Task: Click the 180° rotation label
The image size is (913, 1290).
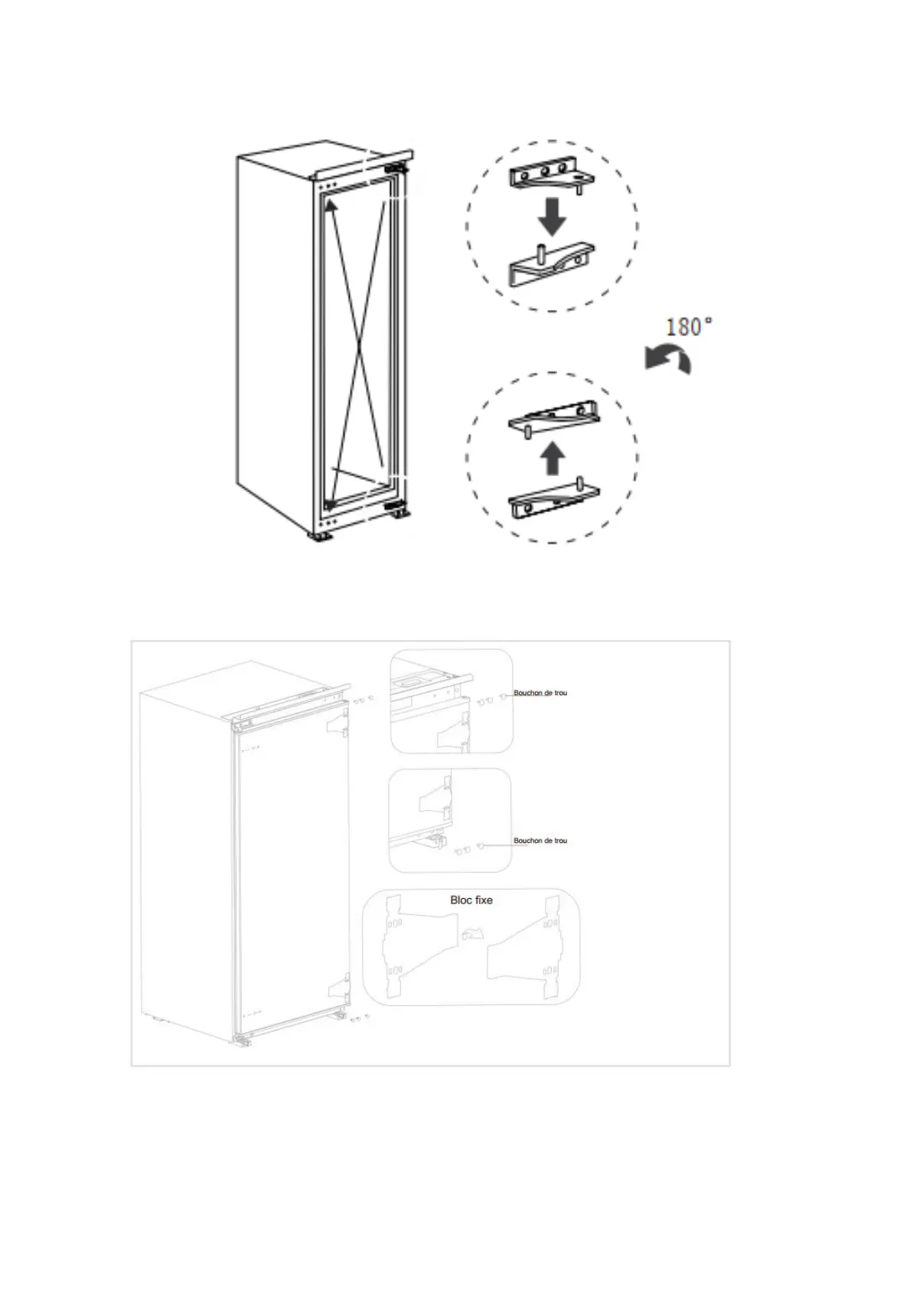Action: pyautogui.click(x=689, y=328)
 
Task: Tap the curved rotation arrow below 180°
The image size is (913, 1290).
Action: pyautogui.click(x=667, y=359)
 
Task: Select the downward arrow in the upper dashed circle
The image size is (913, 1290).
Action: pyautogui.click(x=551, y=217)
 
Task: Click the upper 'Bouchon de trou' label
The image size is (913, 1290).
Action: pyautogui.click(x=540, y=693)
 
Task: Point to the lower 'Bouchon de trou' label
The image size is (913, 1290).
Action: pyautogui.click(x=540, y=841)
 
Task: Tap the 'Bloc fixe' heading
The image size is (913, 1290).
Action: pyautogui.click(x=471, y=900)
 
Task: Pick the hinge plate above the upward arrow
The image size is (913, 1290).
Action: pyautogui.click(x=553, y=418)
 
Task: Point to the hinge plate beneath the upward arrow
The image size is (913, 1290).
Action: pyautogui.click(x=553, y=500)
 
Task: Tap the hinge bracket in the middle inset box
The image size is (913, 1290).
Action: pyautogui.click(x=432, y=801)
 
